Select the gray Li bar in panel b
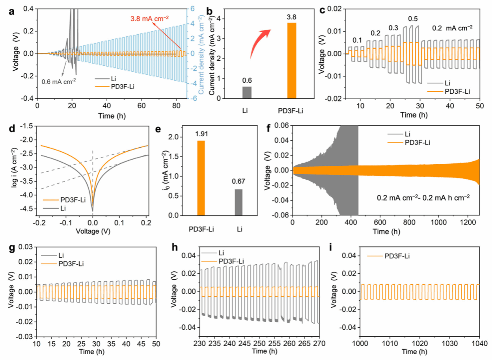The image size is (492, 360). tap(247, 92)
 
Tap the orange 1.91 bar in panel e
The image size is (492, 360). tap(201, 178)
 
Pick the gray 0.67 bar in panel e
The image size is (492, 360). tap(239, 202)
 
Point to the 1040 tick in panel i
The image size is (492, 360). tap(478, 343)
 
